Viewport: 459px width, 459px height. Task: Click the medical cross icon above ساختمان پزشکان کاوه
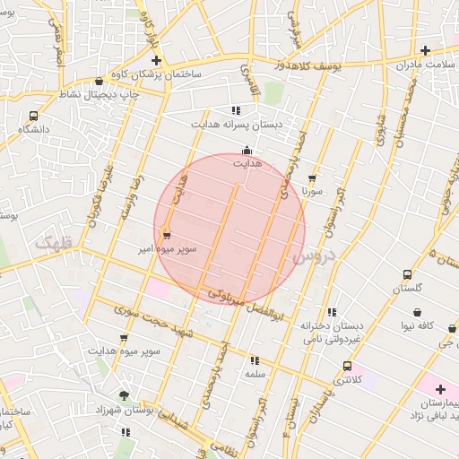pyautogui.click(x=155, y=60)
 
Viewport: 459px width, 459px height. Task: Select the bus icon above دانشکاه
pyautogui.click(x=34, y=116)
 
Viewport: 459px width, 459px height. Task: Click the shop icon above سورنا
pyautogui.click(x=312, y=178)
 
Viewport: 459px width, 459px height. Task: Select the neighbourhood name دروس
pyautogui.click(x=313, y=257)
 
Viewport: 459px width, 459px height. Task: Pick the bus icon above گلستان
pyautogui.click(x=408, y=274)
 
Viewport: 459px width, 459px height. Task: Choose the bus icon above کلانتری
pyautogui.click(x=347, y=366)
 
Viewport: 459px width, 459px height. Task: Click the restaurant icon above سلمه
pyautogui.click(x=255, y=360)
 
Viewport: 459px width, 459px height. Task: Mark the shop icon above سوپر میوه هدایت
pyautogui.click(x=124, y=338)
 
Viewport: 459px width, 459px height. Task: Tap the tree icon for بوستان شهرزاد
pyautogui.click(x=124, y=394)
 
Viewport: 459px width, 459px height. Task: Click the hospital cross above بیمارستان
pyautogui.click(x=440, y=388)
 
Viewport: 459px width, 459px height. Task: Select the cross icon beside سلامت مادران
pyautogui.click(x=426, y=50)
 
